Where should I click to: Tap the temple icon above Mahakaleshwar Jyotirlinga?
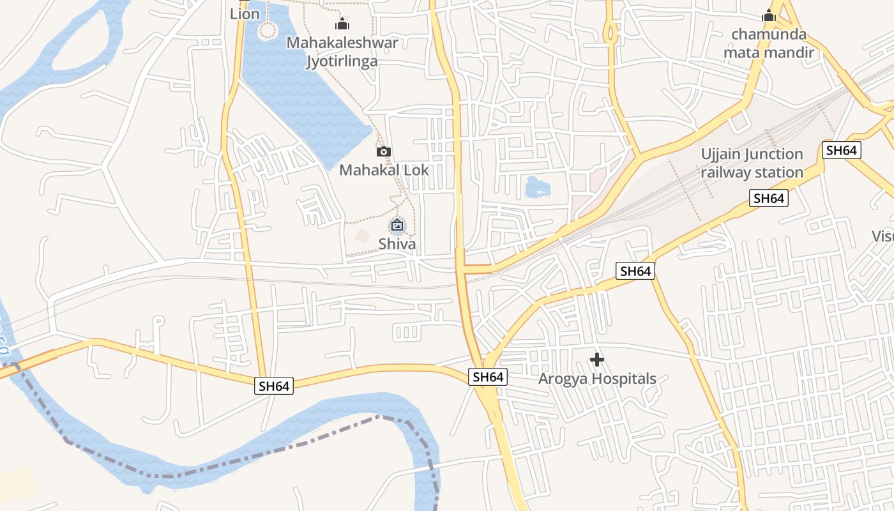pos(342,24)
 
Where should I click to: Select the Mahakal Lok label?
pos(384,170)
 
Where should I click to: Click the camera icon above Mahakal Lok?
pos(384,151)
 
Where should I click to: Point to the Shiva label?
pos(397,244)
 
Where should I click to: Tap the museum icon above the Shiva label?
pos(397,225)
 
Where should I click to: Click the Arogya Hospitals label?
pos(597,379)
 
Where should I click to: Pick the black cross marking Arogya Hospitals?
pos(597,360)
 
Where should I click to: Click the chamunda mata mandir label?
pos(769,43)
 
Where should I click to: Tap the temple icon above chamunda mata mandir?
pos(769,15)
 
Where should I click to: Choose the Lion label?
pos(245,13)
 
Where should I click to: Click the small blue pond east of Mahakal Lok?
pos(537,187)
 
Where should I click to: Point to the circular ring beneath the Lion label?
pos(268,29)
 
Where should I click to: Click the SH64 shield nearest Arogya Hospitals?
pos(489,377)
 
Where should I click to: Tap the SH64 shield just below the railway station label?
pos(769,198)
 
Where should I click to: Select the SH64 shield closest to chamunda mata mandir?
pos(842,150)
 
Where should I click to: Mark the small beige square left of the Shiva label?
pos(363,236)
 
